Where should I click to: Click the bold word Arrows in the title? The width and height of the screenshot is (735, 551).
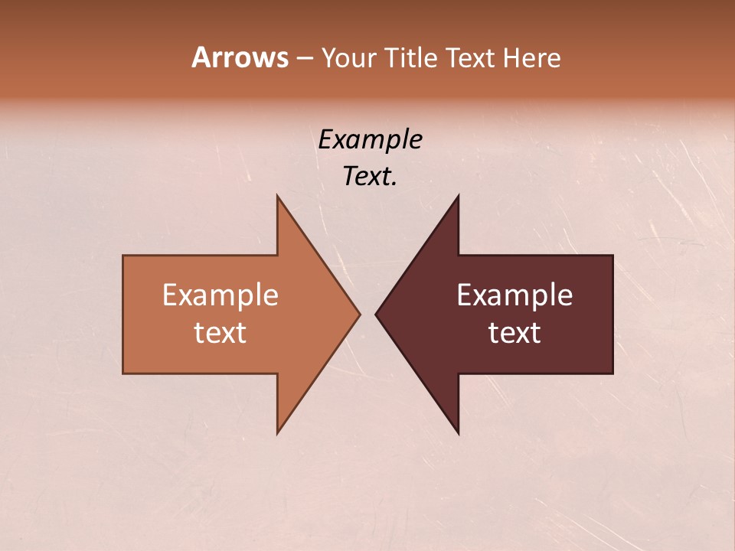239,57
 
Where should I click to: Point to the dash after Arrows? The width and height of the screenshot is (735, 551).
304,59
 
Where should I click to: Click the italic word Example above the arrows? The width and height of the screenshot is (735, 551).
370,139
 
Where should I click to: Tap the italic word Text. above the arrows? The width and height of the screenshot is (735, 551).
370,176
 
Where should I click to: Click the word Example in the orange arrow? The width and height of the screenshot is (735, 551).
220,295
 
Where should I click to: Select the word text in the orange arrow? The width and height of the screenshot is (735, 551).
220,332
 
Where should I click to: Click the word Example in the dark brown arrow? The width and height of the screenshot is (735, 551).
514,295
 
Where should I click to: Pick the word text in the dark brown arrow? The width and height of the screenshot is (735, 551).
514,332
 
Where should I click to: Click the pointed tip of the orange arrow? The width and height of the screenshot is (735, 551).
360,314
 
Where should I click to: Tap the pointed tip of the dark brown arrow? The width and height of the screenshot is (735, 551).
376,314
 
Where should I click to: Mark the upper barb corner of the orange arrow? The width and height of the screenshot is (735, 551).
277,196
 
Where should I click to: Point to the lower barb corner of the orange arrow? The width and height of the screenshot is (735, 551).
277,433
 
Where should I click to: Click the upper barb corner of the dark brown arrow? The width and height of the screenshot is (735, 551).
458,196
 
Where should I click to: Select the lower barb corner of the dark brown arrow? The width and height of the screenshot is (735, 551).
458,433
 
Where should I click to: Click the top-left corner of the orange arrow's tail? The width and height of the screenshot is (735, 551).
123,256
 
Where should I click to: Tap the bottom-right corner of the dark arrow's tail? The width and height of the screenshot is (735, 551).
612,373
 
